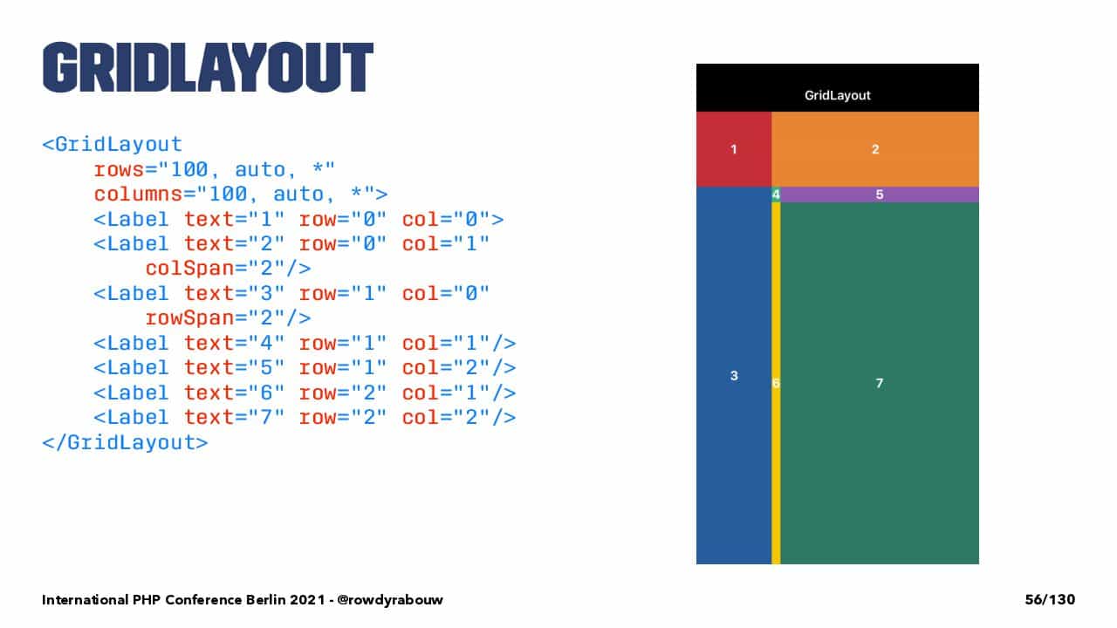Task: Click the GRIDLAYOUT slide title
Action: pos(208,67)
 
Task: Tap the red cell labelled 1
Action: pos(734,149)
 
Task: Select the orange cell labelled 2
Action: pos(875,149)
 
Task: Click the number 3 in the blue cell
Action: pos(734,375)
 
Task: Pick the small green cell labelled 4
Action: pos(776,195)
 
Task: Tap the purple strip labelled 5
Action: pos(880,195)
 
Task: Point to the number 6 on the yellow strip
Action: pos(776,383)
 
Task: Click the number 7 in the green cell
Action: pos(880,383)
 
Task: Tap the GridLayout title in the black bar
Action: pos(837,95)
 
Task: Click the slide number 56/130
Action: pos(1050,599)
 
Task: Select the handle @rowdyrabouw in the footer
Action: pos(390,599)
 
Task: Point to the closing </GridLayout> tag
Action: pos(125,442)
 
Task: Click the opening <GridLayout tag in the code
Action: pos(113,145)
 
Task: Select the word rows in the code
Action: pos(120,170)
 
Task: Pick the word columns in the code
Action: pos(139,194)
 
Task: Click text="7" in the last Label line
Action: pos(235,417)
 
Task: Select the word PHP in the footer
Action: pos(146,599)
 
